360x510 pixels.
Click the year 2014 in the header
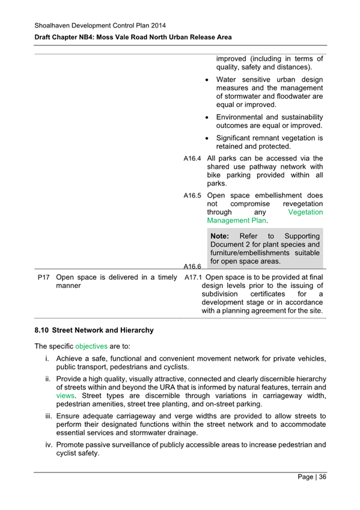(x=156, y=25)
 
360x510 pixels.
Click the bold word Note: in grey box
(x=222, y=236)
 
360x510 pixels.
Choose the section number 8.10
(x=42, y=330)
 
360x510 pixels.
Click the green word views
(x=66, y=396)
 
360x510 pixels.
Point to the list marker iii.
(x=47, y=416)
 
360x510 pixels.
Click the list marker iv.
(x=47, y=445)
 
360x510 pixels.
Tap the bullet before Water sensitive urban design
(x=207, y=80)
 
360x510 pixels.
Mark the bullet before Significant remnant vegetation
(x=207, y=138)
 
